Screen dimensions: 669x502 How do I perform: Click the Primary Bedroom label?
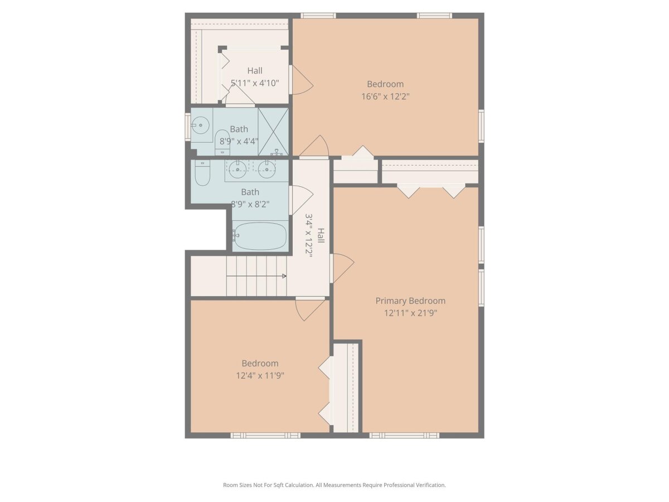(410, 301)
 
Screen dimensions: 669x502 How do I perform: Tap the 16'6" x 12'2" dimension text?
(385, 96)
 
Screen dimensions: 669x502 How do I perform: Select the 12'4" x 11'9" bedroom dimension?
(260, 375)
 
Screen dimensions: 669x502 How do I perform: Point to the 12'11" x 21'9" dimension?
(410, 313)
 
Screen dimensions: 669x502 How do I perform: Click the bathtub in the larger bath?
(260, 236)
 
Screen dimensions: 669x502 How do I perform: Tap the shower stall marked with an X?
(273, 132)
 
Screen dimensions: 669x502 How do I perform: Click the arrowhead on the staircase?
(284, 276)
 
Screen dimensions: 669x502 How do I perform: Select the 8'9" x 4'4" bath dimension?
(239, 142)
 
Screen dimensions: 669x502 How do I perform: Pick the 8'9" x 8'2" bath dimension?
(250, 204)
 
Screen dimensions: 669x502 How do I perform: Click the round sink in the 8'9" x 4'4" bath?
(200, 126)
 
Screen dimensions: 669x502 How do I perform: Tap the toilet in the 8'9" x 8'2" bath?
(202, 172)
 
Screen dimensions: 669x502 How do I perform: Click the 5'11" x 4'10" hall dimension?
(255, 83)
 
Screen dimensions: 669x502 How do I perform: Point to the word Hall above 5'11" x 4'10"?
(255, 71)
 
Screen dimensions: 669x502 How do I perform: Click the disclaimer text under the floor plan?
(334, 485)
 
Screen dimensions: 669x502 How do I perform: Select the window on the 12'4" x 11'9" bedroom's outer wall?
(265, 435)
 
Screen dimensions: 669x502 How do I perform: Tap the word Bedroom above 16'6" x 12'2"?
(385, 84)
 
